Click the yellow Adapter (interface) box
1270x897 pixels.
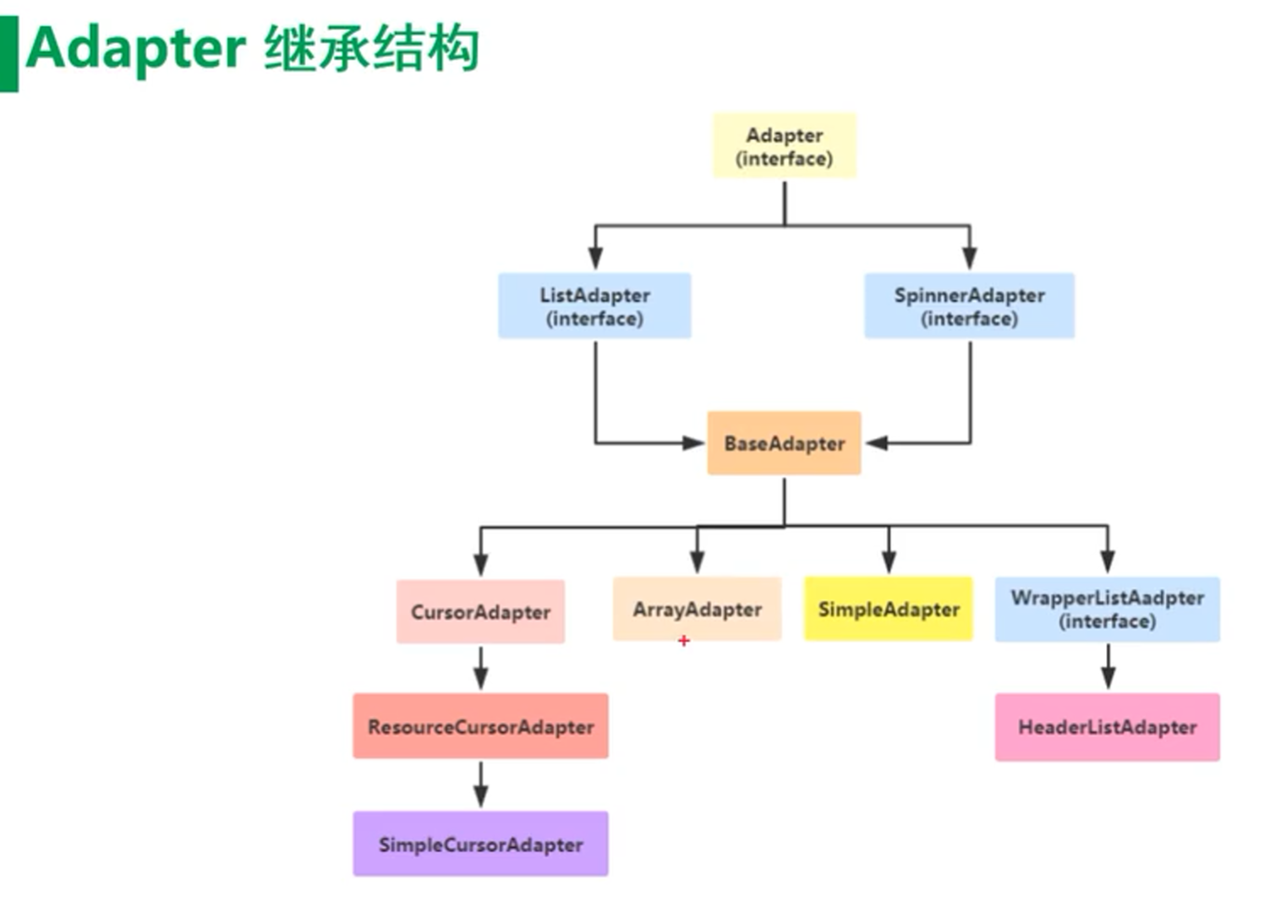784,146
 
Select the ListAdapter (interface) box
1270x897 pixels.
594,306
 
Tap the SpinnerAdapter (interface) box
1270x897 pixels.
969,306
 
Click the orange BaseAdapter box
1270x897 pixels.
784,444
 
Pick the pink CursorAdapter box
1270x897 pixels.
480,612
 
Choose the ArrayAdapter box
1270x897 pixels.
697,610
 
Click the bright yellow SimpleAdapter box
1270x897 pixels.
888,610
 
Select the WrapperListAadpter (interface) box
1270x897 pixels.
1107,610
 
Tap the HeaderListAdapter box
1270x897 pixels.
1107,727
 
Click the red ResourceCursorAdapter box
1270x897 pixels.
480,727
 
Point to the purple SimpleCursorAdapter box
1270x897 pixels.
480,845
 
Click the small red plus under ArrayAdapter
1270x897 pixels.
683,641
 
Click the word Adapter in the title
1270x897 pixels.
135,48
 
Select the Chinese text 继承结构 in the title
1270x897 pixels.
372,48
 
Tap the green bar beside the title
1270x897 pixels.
8,52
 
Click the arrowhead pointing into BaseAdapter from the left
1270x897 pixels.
694,442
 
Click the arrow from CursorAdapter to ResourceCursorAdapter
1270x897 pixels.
480,669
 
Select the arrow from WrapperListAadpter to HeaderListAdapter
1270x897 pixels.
1108,667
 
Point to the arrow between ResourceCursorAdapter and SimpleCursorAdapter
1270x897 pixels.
480,785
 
